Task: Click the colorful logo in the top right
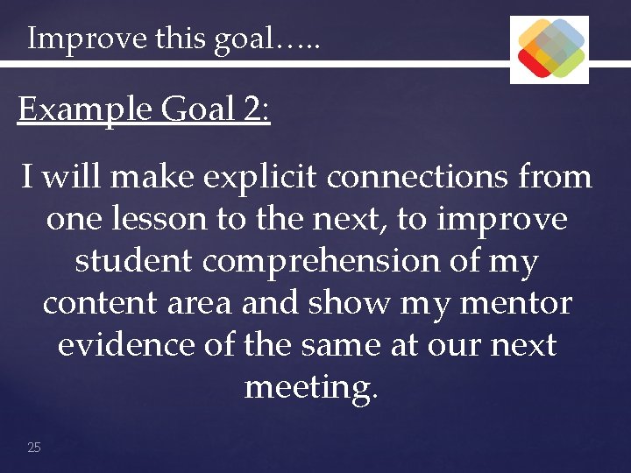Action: point(549,49)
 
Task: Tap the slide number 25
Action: point(34,448)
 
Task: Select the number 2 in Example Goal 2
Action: point(253,110)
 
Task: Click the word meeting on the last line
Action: point(309,387)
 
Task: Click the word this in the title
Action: point(181,39)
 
